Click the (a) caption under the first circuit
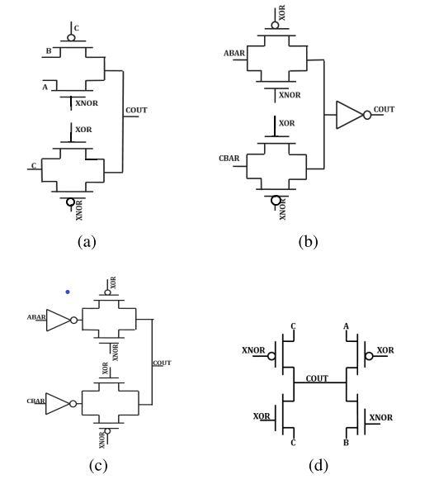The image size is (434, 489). [x=87, y=241]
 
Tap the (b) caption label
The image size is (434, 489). [x=308, y=241]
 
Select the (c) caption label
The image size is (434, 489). [x=98, y=465]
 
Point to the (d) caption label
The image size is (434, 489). [x=318, y=465]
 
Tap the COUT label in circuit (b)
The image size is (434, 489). [x=384, y=110]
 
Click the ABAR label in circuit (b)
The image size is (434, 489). [x=234, y=54]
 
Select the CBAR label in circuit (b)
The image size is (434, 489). [x=229, y=159]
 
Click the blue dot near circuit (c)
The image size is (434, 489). [x=68, y=292]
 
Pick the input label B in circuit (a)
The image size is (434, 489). [x=49, y=51]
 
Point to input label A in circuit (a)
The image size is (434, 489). [x=45, y=88]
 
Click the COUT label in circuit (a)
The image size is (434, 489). [x=136, y=110]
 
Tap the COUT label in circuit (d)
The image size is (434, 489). [x=317, y=378]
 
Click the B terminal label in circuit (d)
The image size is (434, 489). [x=347, y=443]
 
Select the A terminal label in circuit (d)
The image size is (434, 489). [x=347, y=326]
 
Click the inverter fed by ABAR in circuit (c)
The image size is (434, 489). [x=59, y=320]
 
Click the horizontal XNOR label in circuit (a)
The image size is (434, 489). [x=87, y=103]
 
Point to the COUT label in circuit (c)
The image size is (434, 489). [x=162, y=363]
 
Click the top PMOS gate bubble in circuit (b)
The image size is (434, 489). [x=275, y=25]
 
